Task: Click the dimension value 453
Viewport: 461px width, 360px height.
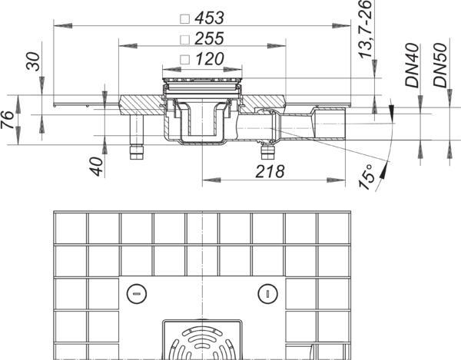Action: (209, 18)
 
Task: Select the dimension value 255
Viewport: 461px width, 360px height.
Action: (209, 38)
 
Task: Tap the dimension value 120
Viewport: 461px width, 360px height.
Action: (209, 59)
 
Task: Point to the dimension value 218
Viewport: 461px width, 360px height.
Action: (270, 171)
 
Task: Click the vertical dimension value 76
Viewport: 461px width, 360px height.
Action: (8, 120)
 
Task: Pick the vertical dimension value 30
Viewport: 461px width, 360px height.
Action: (32, 61)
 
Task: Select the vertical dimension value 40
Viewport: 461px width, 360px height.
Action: (97, 167)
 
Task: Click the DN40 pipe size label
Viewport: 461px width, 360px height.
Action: (412, 65)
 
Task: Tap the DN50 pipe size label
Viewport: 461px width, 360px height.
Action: (440, 65)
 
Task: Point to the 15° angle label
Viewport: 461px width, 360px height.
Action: (366, 177)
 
